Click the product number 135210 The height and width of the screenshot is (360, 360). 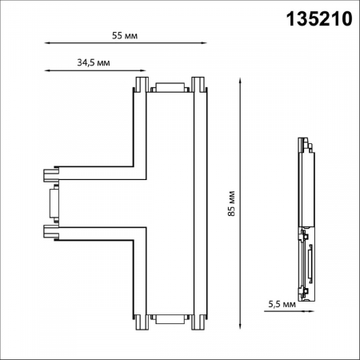(318, 18)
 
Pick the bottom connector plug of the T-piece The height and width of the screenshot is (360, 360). (169, 319)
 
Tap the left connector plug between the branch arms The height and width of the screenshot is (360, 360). (54, 202)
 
